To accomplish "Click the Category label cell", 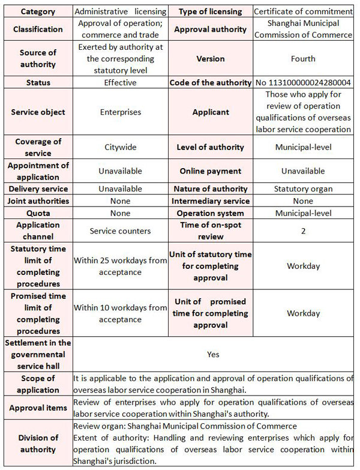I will pyautogui.click(x=38, y=11).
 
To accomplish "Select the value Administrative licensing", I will pyautogui.click(x=120, y=11).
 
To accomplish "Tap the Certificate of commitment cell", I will pyautogui.click(x=303, y=11).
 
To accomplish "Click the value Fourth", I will pyautogui.click(x=303, y=59).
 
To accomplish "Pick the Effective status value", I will pyautogui.click(x=120, y=82).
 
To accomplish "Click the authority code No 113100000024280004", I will pyautogui.click(x=303, y=82).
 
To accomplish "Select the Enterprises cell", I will pyautogui.click(x=120, y=112).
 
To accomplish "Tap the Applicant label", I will pyautogui.click(x=210, y=112).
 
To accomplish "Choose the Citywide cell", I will pyautogui.click(x=120, y=147).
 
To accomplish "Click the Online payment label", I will pyautogui.click(x=210, y=171).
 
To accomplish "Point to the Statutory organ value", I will pyautogui.click(x=303, y=189).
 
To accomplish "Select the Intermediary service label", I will pyautogui.click(x=210, y=201).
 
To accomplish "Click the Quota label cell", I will pyautogui.click(x=38, y=213).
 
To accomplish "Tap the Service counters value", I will pyautogui.click(x=120, y=230).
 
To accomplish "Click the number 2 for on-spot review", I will pyautogui.click(x=303, y=230).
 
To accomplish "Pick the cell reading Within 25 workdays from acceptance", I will pyautogui.click(x=120, y=266).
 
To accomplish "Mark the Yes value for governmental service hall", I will pyautogui.click(x=213, y=354).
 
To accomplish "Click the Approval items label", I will pyautogui.click(x=38, y=408).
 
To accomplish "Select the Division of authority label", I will pyautogui.click(x=38, y=443).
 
